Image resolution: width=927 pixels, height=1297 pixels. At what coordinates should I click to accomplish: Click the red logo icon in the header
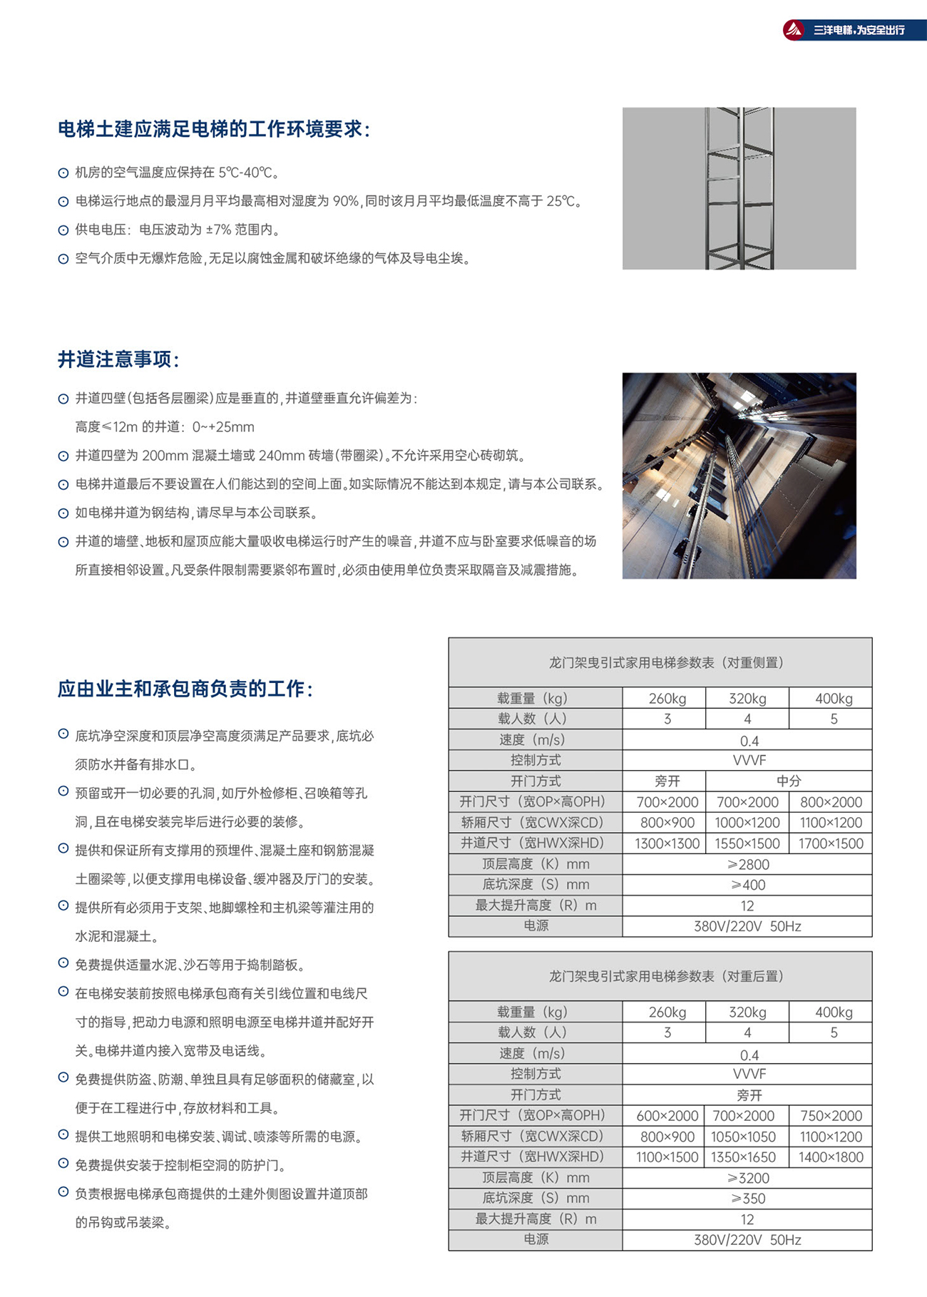point(794,30)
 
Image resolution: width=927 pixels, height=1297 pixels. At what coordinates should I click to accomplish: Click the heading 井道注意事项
point(118,359)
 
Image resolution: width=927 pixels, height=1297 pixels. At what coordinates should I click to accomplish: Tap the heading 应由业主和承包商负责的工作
point(185,689)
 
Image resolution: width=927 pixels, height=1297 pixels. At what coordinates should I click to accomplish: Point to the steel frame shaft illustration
point(739,188)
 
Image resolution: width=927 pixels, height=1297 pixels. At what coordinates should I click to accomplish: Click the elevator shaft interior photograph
point(739,476)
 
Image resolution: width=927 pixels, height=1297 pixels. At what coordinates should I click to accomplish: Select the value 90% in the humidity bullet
point(346,201)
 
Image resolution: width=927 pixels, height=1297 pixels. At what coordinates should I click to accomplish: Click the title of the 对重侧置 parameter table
point(667,662)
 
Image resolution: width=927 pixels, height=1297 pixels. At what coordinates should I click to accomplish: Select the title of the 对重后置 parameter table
point(667,976)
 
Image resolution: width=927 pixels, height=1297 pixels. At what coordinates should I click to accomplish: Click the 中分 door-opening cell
point(789,781)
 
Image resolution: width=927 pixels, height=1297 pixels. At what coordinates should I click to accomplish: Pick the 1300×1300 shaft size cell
point(667,844)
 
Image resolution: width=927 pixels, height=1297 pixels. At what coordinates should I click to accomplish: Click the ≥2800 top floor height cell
point(748,864)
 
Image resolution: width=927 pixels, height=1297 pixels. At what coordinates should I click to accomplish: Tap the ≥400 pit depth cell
point(748,885)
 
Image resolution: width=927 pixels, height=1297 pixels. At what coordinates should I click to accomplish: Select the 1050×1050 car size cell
point(746,1137)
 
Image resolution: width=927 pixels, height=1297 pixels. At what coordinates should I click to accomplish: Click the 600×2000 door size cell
point(667,1116)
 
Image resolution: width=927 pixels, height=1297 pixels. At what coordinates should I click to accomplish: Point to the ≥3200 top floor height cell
point(748,1178)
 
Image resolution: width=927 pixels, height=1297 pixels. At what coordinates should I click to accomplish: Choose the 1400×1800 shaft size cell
point(831,1157)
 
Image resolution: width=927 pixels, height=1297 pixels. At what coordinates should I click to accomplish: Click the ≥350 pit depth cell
point(748,1199)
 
